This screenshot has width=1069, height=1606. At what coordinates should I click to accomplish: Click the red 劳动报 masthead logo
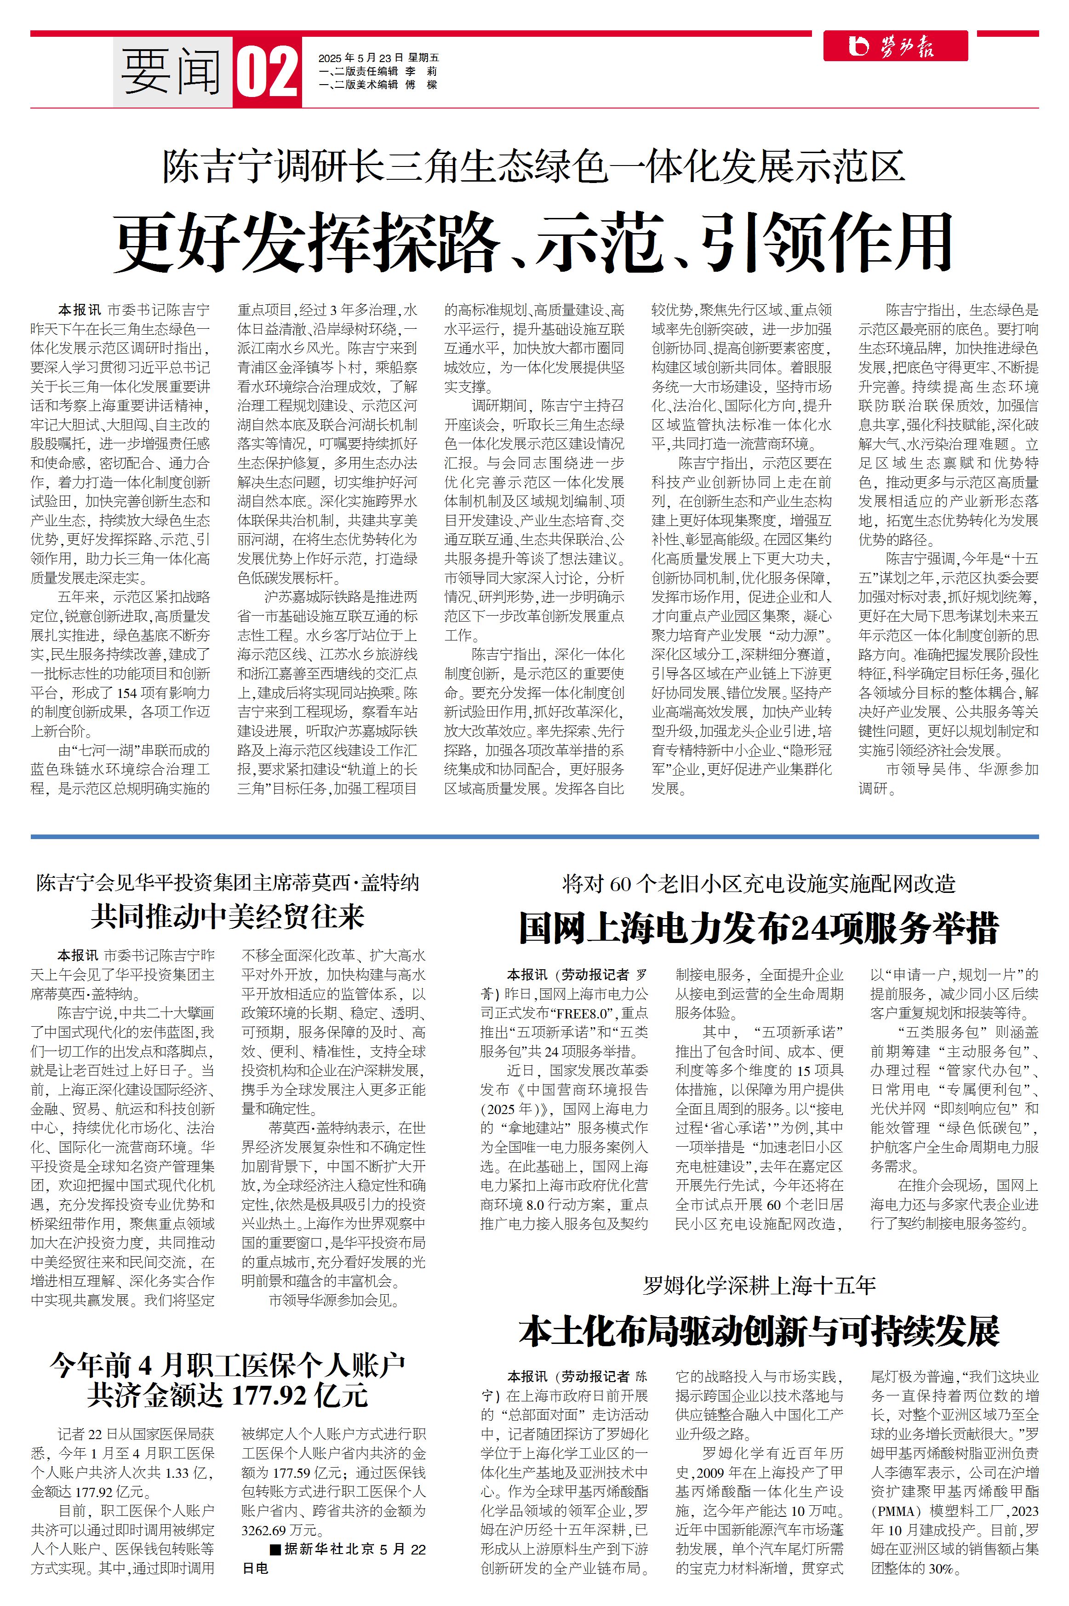point(895,46)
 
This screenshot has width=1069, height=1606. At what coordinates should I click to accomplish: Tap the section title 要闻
point(172,72)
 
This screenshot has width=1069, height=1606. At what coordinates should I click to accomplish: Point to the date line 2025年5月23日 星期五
point(378,58)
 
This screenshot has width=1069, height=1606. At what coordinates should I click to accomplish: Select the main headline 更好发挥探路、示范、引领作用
point(533,243)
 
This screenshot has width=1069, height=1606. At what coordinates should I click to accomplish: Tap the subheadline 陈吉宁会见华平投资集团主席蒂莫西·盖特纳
point(228,883)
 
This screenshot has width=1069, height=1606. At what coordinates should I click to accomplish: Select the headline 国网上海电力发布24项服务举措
point(759,928)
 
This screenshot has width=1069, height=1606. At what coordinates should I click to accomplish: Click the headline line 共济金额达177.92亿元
point(228,1395)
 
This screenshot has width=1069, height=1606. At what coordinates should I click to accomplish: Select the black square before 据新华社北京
point(275,1549)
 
